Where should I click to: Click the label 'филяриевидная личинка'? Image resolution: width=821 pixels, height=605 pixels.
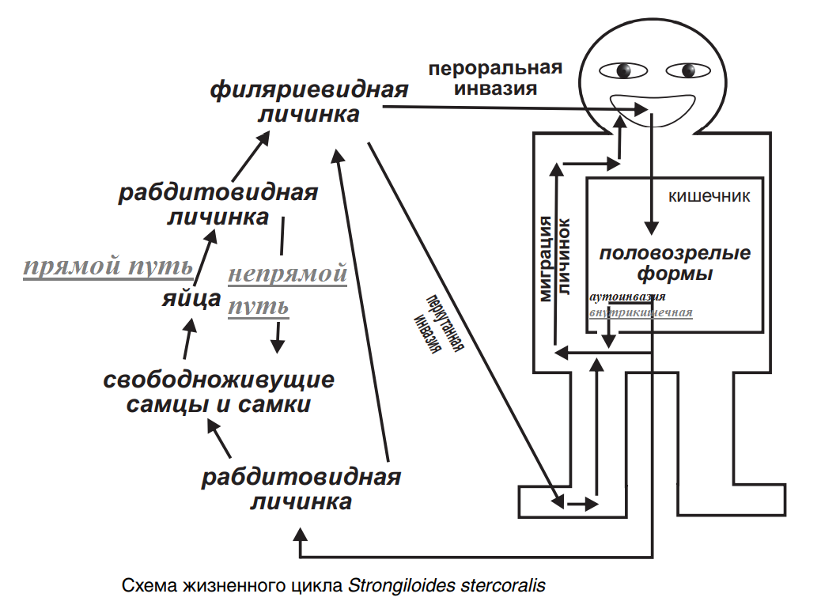[x=308, y=101]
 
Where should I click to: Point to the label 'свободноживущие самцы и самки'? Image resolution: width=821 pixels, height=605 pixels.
[x=219, y=391]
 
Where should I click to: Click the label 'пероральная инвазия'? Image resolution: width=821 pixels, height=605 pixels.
[x=495, y=78]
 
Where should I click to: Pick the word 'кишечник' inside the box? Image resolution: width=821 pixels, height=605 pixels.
[x=709, y=195]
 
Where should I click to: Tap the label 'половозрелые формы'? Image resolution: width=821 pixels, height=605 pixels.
[x=675, y=264]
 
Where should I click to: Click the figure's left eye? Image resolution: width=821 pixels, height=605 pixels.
[x=622, y=70]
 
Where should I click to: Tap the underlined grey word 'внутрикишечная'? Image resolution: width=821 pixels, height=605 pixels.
[x=641, y=312]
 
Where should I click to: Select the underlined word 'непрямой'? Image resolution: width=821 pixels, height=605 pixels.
[x=288, y=274]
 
